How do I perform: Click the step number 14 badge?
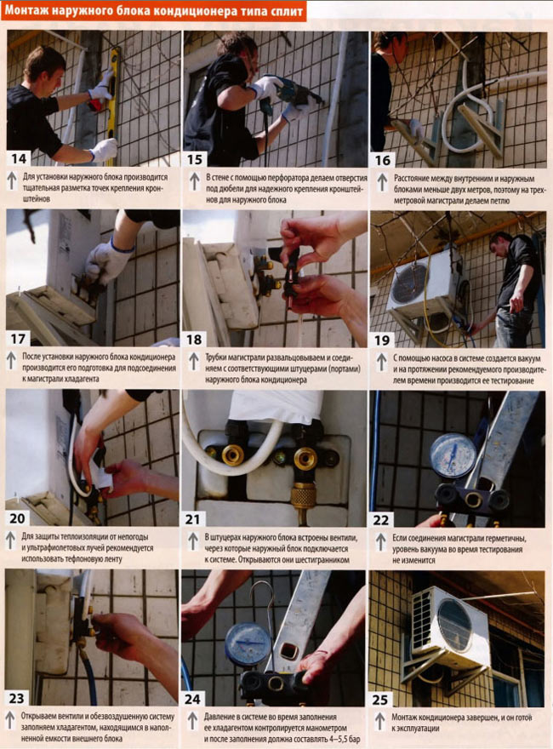tap(19, 158)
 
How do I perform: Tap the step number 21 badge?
tap(193, 518)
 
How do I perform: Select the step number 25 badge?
tap(380, 700)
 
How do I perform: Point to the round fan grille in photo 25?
tap(455, 625)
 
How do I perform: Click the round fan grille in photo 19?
tap(408, 283)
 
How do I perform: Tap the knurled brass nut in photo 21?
tap(303, 496)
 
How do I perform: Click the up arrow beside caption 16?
tap(381, 183)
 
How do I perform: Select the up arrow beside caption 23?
tap(10, 721)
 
